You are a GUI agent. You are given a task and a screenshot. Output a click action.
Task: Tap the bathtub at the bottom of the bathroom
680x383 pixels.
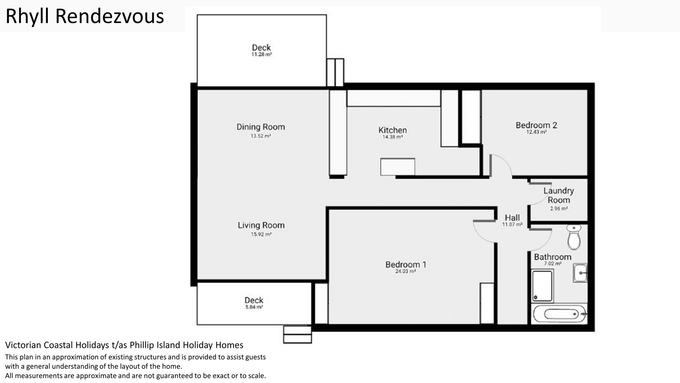pos(560,314)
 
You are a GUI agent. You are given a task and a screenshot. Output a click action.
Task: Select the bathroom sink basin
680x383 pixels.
pos(580,273)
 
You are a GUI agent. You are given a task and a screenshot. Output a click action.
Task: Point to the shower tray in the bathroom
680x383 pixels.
pos(542,286)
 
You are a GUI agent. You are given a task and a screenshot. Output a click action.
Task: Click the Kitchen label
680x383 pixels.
pos(392,130)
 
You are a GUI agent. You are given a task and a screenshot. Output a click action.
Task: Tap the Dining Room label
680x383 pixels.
pos(261,127)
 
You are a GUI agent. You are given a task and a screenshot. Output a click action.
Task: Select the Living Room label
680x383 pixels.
pos(261,225)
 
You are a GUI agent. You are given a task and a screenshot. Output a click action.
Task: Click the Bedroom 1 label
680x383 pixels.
pos(406,265)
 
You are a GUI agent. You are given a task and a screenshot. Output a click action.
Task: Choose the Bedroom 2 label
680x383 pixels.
pos(536,125)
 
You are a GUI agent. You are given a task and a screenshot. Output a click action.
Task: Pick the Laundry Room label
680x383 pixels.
pos(559,195)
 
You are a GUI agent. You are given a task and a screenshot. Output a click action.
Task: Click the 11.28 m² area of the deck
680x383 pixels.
pos(262,55)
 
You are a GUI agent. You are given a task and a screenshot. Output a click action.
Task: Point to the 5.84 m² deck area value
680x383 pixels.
pos(254,307)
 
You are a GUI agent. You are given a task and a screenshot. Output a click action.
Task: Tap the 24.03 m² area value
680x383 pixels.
pos(406,271)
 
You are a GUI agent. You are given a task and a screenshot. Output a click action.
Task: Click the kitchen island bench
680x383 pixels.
pos(398,167)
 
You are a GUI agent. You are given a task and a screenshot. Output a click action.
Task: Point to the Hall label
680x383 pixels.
pos(512,218)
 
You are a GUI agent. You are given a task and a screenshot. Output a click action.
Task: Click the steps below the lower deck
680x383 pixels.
pos(297,334)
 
